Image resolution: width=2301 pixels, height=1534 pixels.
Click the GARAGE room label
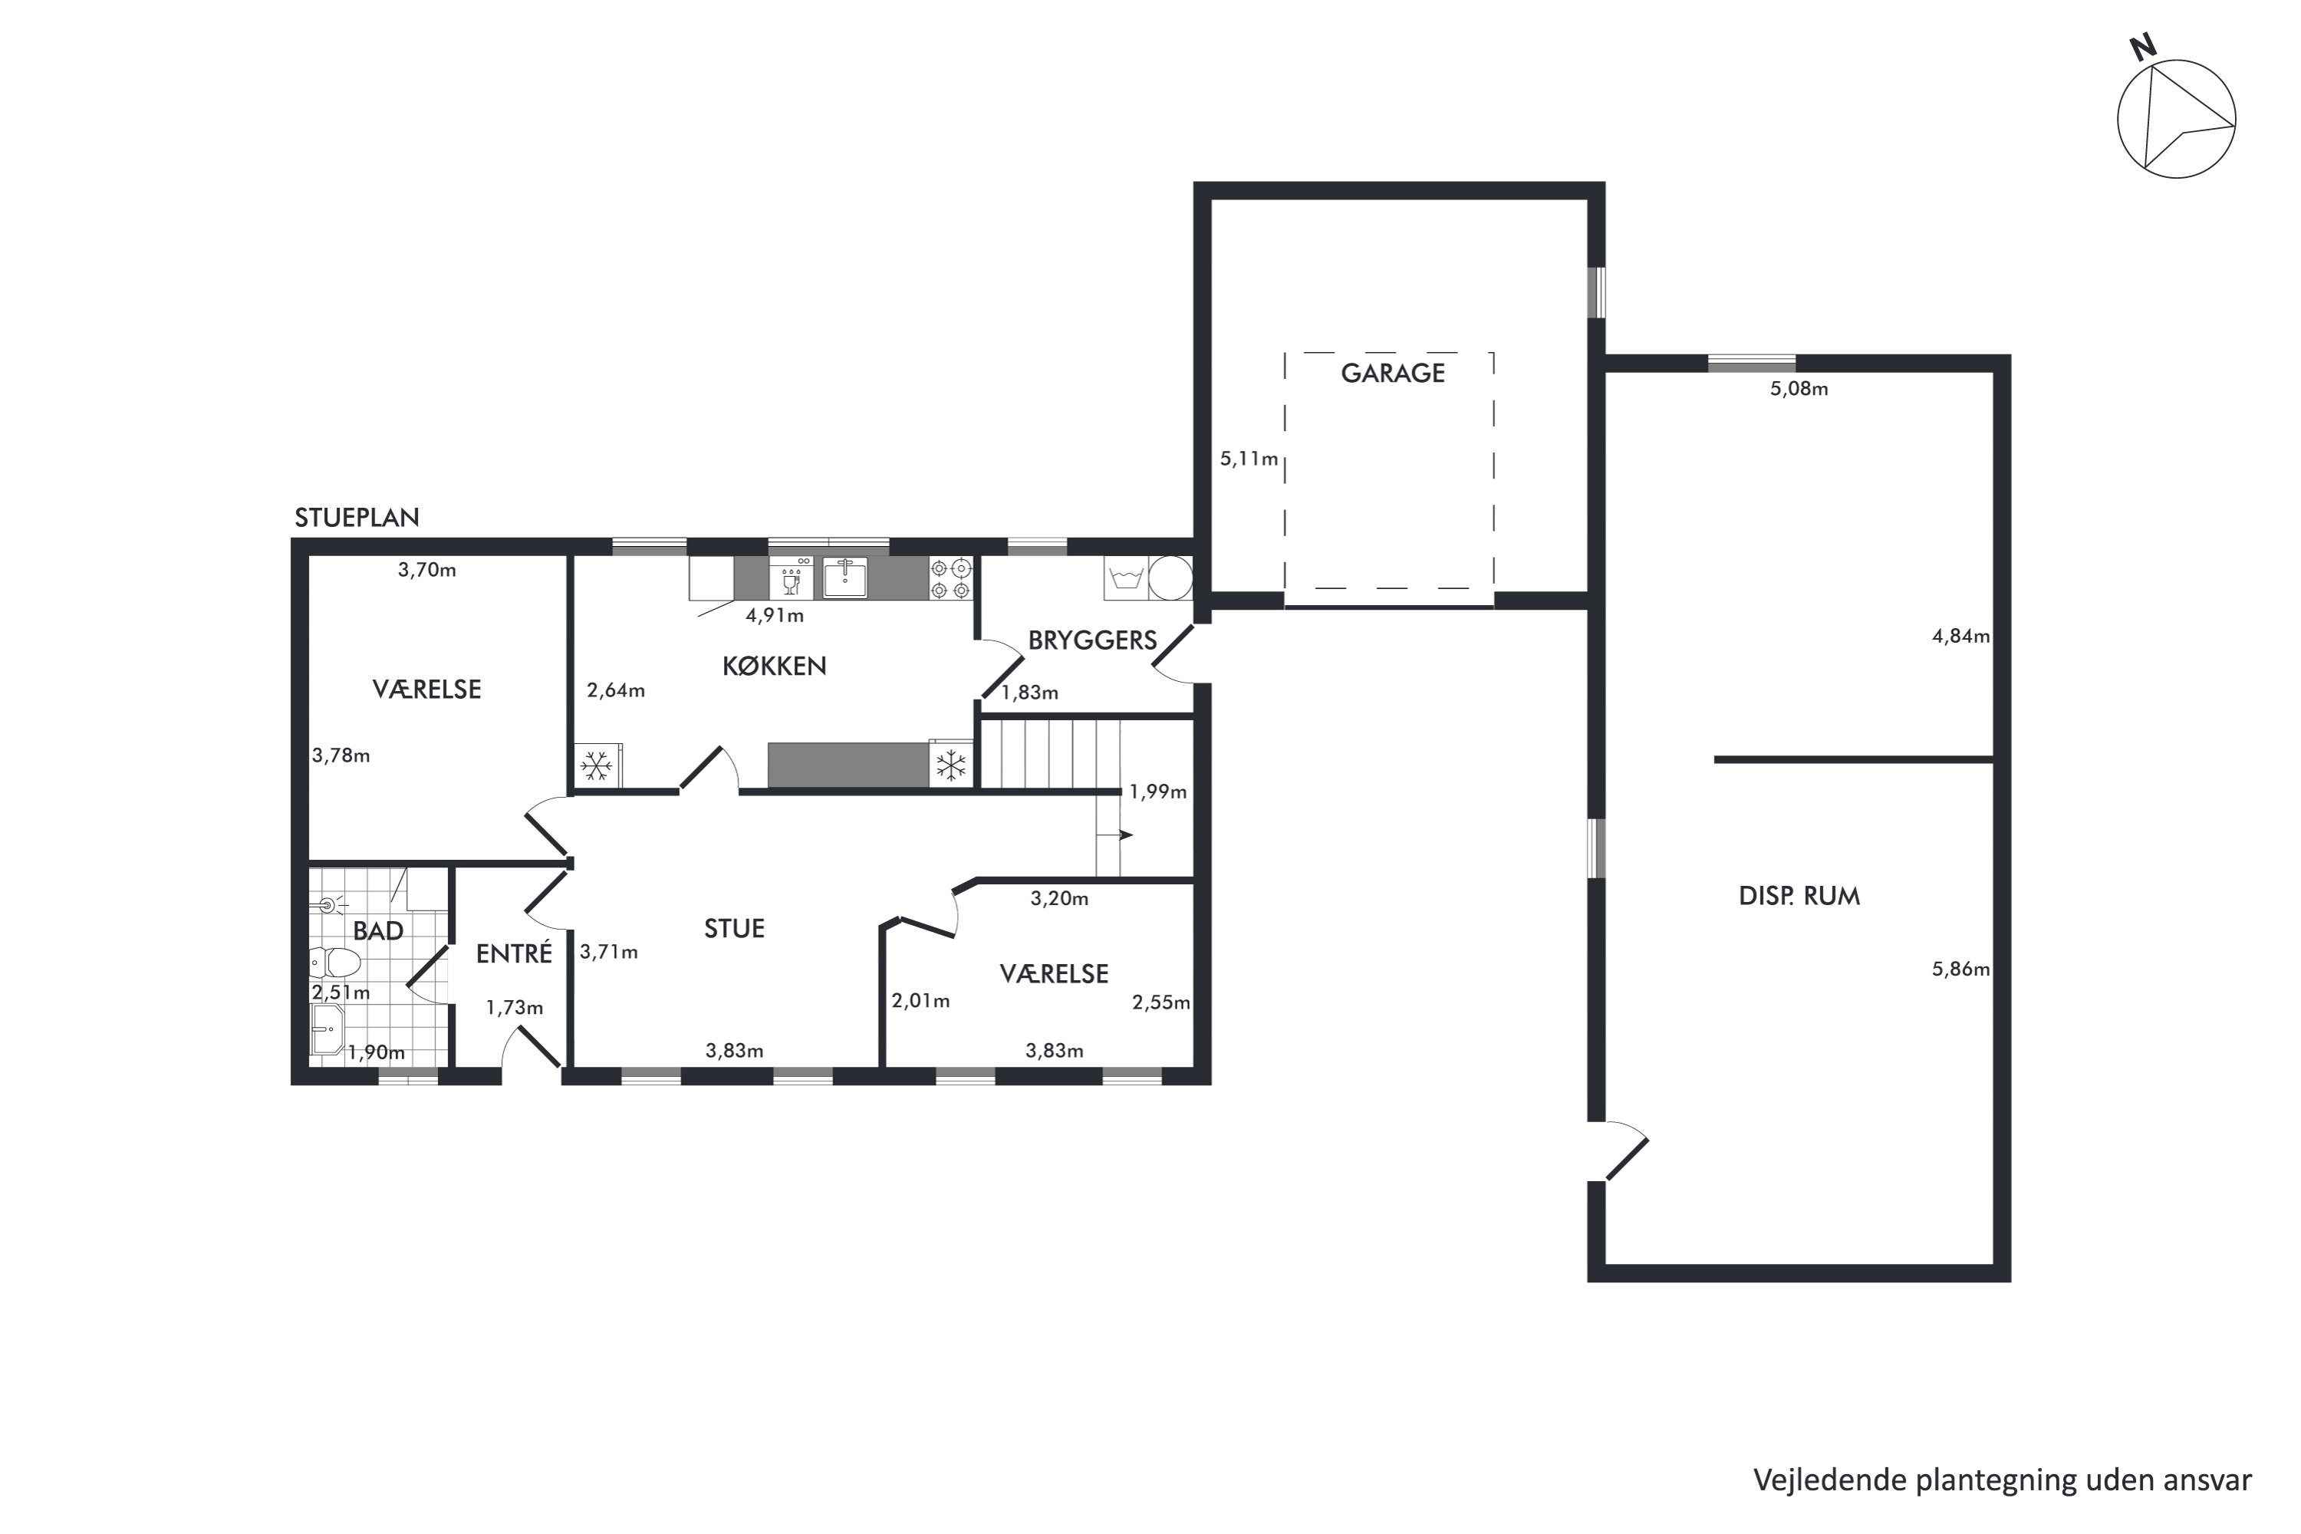[x=1392, y=373]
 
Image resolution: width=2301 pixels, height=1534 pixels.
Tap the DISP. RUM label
[x=1799, y=896]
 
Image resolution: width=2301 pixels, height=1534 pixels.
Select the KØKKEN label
[x=774, y=667]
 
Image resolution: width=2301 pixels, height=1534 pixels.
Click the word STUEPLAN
[x=357, y=518]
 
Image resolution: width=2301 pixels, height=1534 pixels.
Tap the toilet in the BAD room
[x=334, y=963]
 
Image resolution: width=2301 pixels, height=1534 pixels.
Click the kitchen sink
[x=845, y=578]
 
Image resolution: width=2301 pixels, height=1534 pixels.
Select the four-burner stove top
[x=951, y=578]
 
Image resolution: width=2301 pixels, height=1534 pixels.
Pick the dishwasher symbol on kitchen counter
[x=791, y=578]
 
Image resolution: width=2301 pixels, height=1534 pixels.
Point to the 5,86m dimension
[x=1960, y=969]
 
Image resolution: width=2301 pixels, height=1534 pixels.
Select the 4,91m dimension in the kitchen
[x=775, y=615]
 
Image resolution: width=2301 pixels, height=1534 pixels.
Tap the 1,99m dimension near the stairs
[x=1158, y=792]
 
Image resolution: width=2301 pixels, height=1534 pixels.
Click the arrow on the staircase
[x=1114, y=834]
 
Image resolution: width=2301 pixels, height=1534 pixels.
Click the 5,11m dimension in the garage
[x=1249, y=459]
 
